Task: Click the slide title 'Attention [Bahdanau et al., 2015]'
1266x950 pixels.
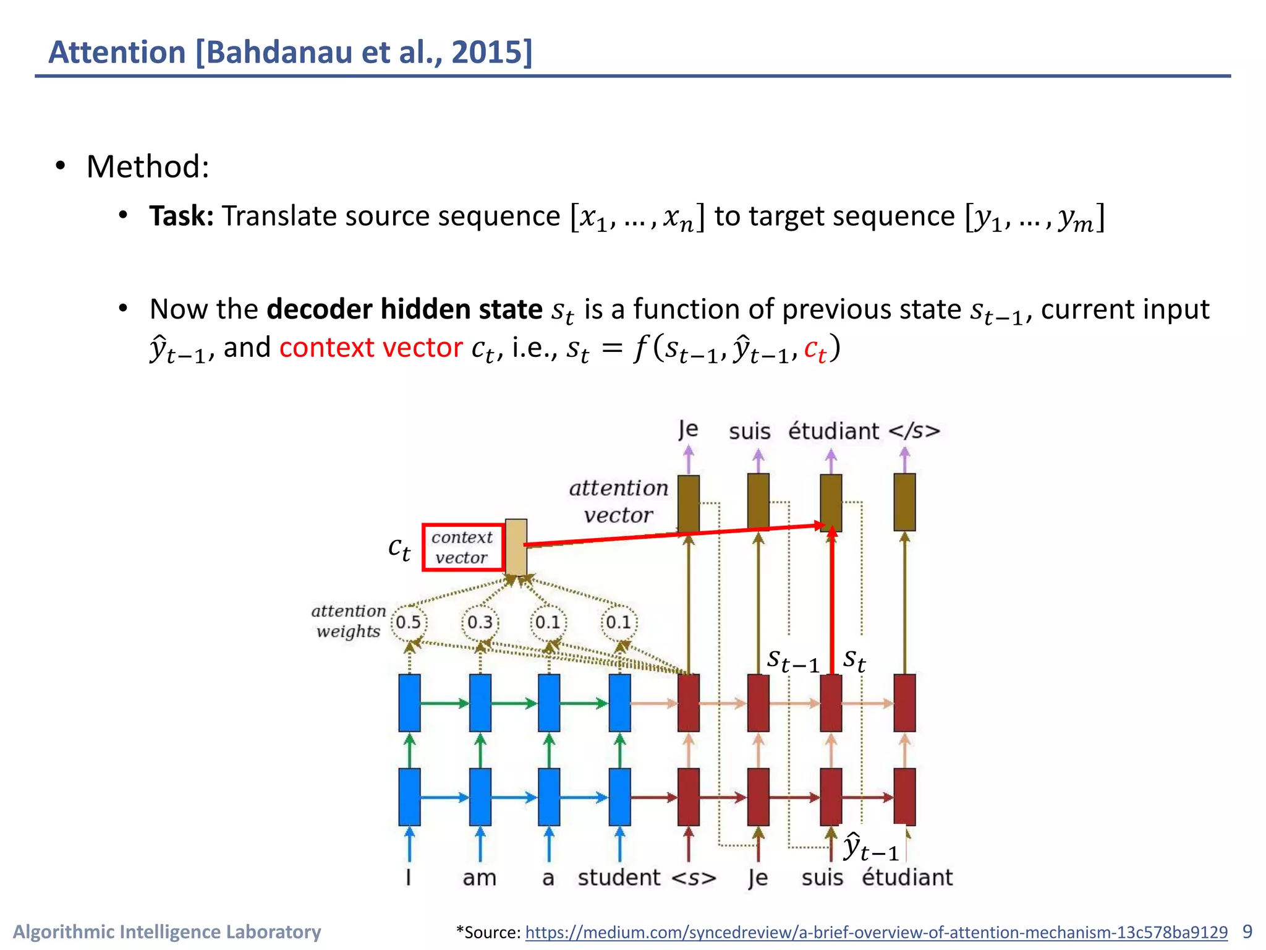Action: tap(290, 52)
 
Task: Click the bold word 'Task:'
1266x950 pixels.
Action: tap(181, 216)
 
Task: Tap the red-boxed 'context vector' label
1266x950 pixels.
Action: tap(462, 547)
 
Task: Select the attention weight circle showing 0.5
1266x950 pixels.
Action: tap(409, 622)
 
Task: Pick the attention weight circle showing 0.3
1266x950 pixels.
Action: tap(480, 622)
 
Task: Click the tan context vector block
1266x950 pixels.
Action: tap(516, 547)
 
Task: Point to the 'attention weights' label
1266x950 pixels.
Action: tap(348, 621)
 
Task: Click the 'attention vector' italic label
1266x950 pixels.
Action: tap(618, 502)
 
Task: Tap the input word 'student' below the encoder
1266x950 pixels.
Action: tap(619, 878)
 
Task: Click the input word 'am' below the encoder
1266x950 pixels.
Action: tap(479, 878)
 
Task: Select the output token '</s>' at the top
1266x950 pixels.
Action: tap(914, 431)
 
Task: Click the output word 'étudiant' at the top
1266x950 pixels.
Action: tap(833, 431)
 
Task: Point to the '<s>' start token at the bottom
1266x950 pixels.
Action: tap(694, 878)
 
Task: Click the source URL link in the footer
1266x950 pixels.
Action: tap(876, 932)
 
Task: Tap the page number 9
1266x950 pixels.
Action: tap(1247, 931)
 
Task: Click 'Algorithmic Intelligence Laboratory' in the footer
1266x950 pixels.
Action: tap(167, 931)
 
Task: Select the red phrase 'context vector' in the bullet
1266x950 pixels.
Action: tap(370, 348)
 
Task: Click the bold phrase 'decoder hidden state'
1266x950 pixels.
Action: tap(404, 309)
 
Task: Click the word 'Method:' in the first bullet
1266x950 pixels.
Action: tap(148, 166)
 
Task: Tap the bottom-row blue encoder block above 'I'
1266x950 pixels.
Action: tap(409, 797)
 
